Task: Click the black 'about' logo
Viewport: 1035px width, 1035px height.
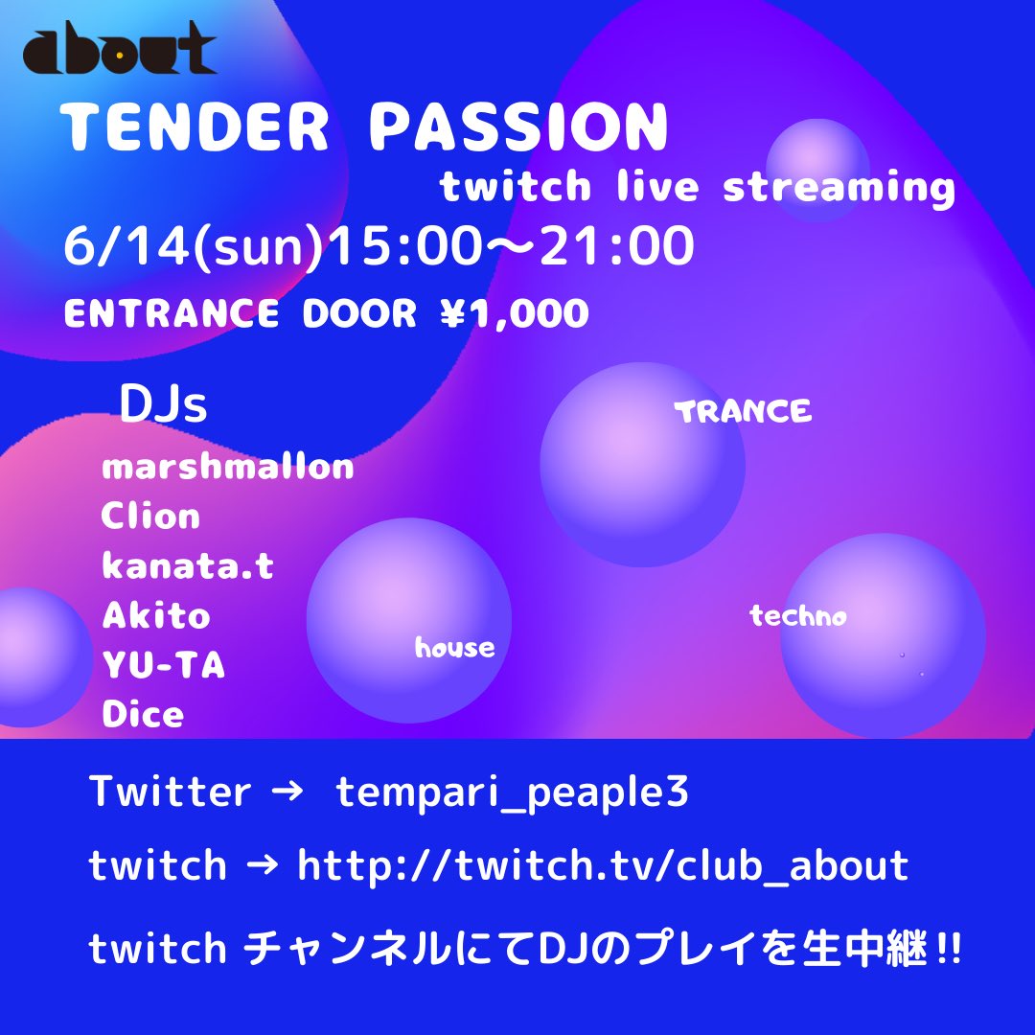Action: click(x=120, y=48)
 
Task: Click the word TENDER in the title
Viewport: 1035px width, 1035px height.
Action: click(x=195, y=126)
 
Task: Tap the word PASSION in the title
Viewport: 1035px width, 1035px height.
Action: click(x=518, y=126)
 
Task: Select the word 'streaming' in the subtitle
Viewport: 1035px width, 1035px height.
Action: click(x=839, y=188)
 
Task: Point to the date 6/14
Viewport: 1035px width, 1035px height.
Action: click(x=125, y=245)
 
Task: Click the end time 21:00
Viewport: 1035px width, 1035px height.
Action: click(x=617, y=245)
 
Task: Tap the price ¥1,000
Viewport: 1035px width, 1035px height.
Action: click(x=515, y=312)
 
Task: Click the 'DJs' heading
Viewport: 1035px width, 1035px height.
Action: click(x=163, y=404)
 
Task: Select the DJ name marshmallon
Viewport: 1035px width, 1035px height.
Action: click(x=228, y=467)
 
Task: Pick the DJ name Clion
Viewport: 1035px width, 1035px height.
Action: click(x=150, y=516)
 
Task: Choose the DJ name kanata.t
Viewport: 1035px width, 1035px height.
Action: click(x=188, y=565)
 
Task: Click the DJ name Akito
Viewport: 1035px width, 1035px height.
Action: click(x=156, y=615)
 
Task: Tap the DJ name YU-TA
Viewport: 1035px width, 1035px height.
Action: click(x=164, y=665)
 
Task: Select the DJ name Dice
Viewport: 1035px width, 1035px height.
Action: click(x=143, y=714)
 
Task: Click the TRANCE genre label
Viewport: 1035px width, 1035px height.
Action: click(x=743, y=412)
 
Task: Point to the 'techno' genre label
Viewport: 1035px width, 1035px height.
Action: click(x=798, y=616)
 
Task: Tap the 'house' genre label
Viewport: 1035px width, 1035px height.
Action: click(x=455, y=647)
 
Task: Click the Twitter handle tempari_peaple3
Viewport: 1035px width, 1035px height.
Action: click(x=512, y=792)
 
